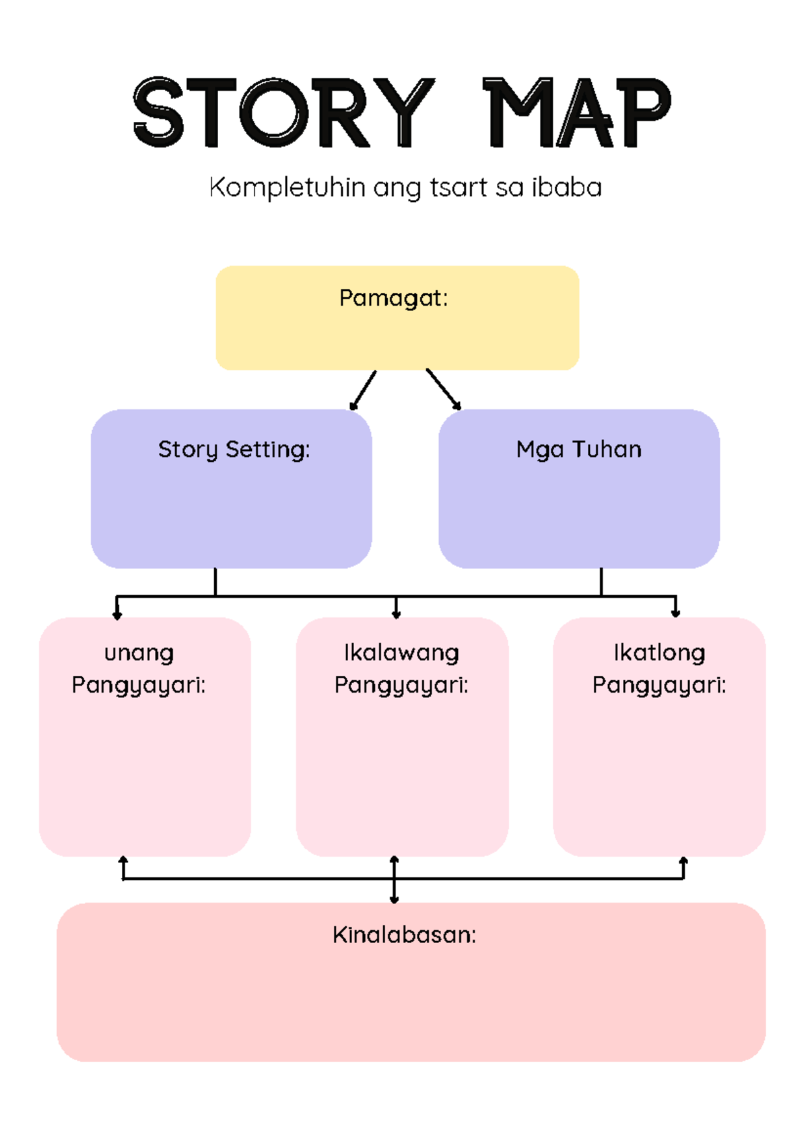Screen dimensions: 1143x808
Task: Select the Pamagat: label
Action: pos(393,298)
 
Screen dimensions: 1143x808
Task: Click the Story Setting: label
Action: pos(234,449)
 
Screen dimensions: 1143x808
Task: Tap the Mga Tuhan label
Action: pos(578,449)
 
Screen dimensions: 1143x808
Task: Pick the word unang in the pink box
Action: pos(139,653)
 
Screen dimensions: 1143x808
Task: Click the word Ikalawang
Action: pos(401,652)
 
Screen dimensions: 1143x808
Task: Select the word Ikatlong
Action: pos(659,652)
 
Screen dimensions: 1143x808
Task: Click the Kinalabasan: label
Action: pos(404,934)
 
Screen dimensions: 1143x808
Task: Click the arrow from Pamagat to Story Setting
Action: pos(362,390)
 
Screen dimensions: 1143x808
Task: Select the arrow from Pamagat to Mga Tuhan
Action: pos(444,390)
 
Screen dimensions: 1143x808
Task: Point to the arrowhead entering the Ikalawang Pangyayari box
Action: pos(396,613)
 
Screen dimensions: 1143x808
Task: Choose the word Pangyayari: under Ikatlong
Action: pos(659,685)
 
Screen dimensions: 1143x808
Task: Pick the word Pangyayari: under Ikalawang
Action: pos(401,685)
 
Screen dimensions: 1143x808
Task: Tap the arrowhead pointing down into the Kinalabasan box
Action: pos(395,898)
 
